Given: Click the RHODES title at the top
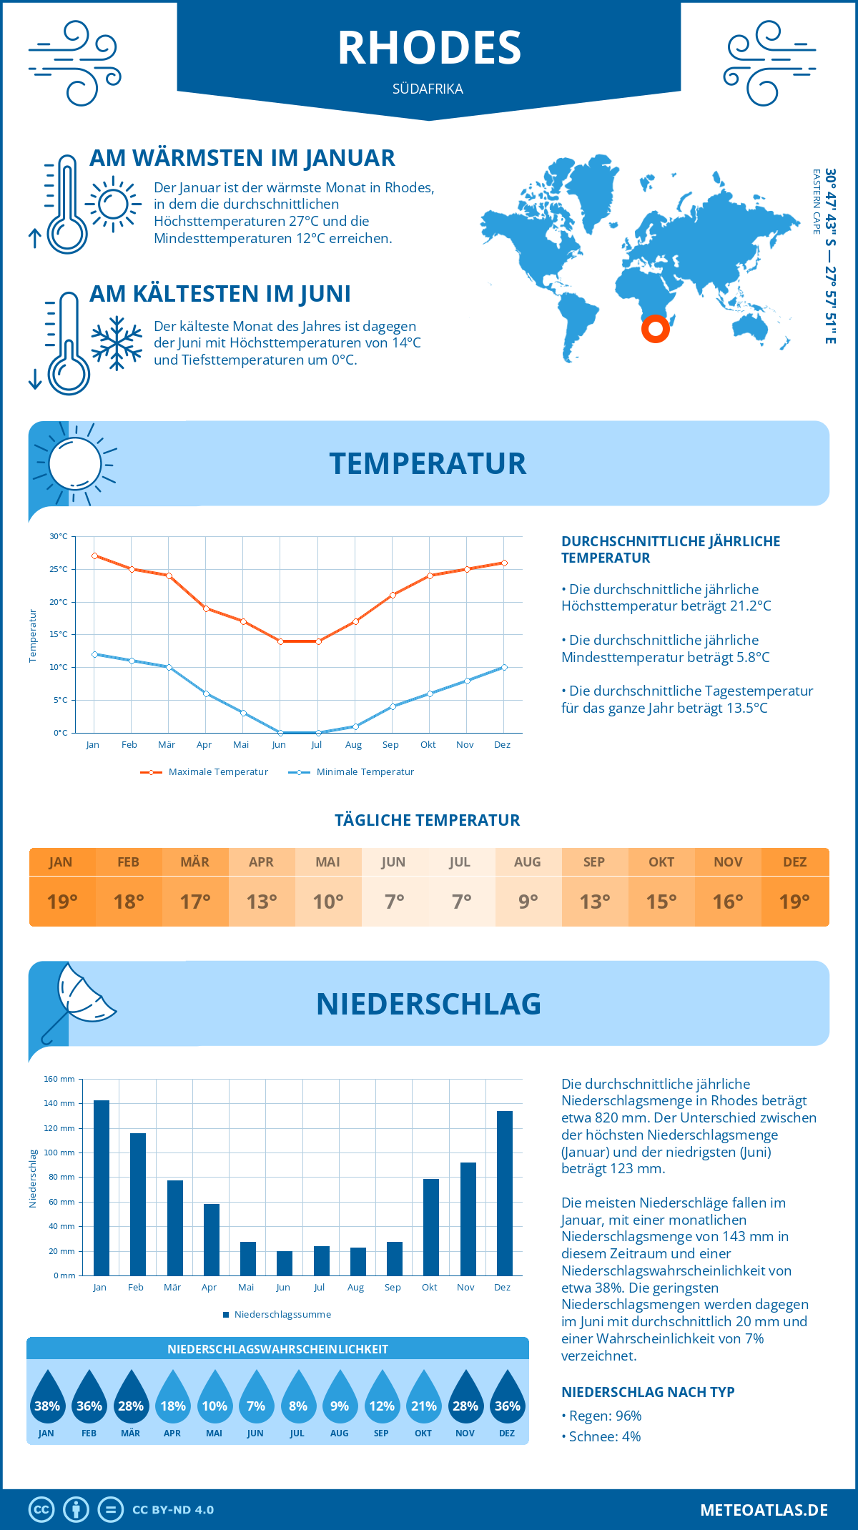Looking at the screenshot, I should pyautogui.click(x=429, y=48).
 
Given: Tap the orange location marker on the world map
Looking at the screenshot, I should pyautogui.click(x=655, y=329).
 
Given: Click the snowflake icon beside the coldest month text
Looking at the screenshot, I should pyautogui.click(x=117, y=343).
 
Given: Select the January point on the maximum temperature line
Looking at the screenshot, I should pyautogui.click(x=94, y=556).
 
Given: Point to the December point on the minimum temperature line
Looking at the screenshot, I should pyautogui.click(x=504, y=667).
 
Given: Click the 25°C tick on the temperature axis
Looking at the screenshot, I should pyautogui.click(x=59, y=569).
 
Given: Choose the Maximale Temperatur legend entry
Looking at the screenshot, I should pyautogui.click(x=204, y=772).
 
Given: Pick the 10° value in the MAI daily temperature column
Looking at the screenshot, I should pyautogui.click(x=328, y=902).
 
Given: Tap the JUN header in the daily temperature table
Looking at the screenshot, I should pyautogui.click(x=394, y=862).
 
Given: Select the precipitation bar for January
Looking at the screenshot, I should pyautogui.click(x=102, y=1188).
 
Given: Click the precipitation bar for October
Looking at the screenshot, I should pyautogui.click(x=431, y=1227).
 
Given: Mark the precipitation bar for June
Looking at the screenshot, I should pyautogui.click(x=285, y=1263).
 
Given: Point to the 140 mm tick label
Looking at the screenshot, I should pyautogui.click(x=60, y=1103).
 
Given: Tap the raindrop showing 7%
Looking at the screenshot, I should pyautogui.click(x=256, y=1398).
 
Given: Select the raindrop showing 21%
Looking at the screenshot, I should pyautogui.click(x=423, y=1398).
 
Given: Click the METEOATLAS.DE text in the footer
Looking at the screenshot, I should pyautogui.click(x=764, y=1510).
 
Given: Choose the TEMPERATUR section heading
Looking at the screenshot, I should pyautogui.click(x=428, y=463).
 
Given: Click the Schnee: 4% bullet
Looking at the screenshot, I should pyautogui.click(x=601, y=1436).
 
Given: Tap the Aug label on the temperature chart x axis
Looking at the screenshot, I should pyautogui.click(x=353, y=745).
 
